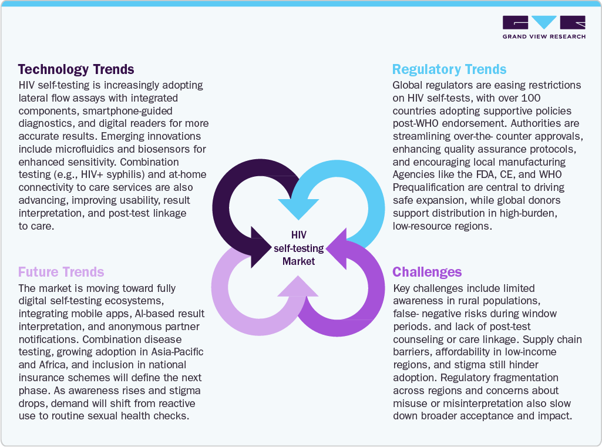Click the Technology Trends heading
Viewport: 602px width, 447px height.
[x=76, y=70]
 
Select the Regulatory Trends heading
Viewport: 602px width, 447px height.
[x=449, y=70]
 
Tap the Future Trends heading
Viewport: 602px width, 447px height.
[x=61, y=272]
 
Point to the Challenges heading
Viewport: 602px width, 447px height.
[x=427, y=272]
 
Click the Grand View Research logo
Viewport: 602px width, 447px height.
[x=543, y=27]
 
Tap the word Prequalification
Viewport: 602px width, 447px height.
[x=432, y=187]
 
